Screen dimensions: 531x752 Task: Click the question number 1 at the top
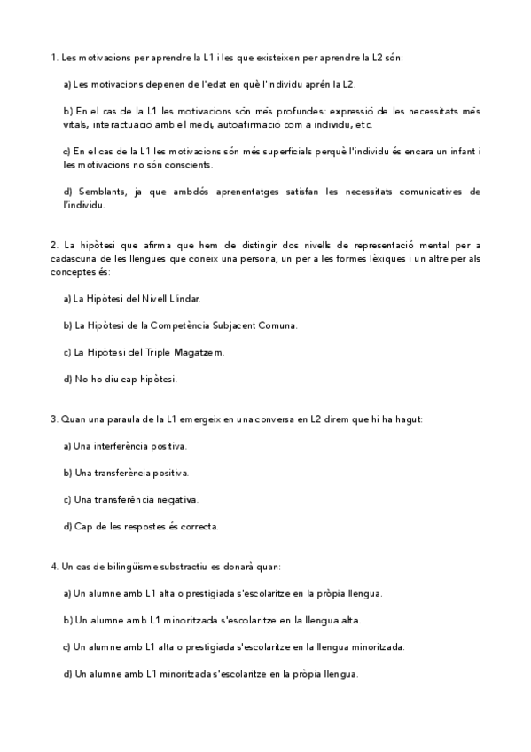[54, 58]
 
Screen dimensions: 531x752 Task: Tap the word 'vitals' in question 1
[75, 125]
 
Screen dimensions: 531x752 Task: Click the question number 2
[54, 245]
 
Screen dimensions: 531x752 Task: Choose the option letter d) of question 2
[68, 380]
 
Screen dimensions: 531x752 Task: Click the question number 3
[54, 419]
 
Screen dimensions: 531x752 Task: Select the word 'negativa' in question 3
[178, 499]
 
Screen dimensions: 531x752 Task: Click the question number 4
[54, 566]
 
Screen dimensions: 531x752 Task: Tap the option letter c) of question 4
[68, 646]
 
